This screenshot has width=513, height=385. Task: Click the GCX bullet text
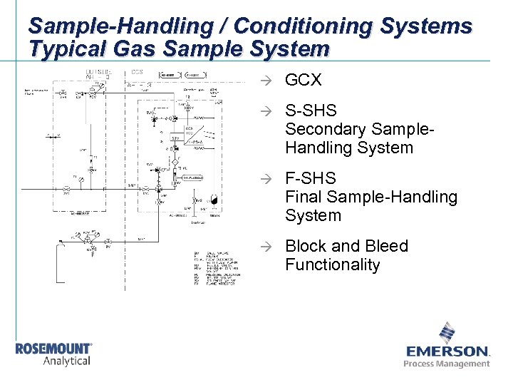304,81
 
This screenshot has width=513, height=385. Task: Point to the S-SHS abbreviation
311,111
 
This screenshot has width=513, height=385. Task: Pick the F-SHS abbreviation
310,178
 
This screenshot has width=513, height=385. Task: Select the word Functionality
333,265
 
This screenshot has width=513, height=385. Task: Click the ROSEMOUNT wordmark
54,349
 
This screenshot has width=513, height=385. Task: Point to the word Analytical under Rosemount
67,361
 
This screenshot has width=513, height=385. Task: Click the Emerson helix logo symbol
447,333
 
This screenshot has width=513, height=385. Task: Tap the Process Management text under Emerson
447,364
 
